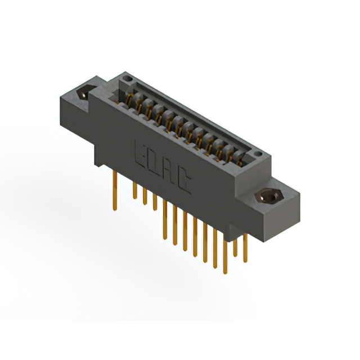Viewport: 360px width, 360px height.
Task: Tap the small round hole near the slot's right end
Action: point(257,154)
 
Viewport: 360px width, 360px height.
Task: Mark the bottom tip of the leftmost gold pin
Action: point(115,210)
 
